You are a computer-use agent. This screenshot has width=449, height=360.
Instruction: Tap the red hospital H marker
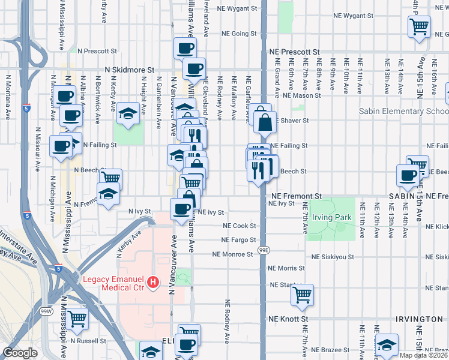click(x=153, y=281)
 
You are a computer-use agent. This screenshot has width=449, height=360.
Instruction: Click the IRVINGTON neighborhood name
click(x=419, y=319)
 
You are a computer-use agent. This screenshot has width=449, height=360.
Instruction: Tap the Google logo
click(x=20, y=353)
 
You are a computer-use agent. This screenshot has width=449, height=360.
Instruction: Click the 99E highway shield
click(x=264, y=248)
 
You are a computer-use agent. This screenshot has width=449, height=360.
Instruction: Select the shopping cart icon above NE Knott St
click(x=303, y=294)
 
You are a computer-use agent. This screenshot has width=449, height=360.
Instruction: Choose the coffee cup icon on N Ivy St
click(x=182, y=209)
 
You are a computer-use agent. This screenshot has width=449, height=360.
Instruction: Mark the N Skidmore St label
click(x=130, y=70)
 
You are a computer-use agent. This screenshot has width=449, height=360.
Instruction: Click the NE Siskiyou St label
click(x=331, y=257)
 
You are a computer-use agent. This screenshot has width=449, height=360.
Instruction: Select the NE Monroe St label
click(x=232, y=254)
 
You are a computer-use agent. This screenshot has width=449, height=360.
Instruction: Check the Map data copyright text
click(x=423, y=355)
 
